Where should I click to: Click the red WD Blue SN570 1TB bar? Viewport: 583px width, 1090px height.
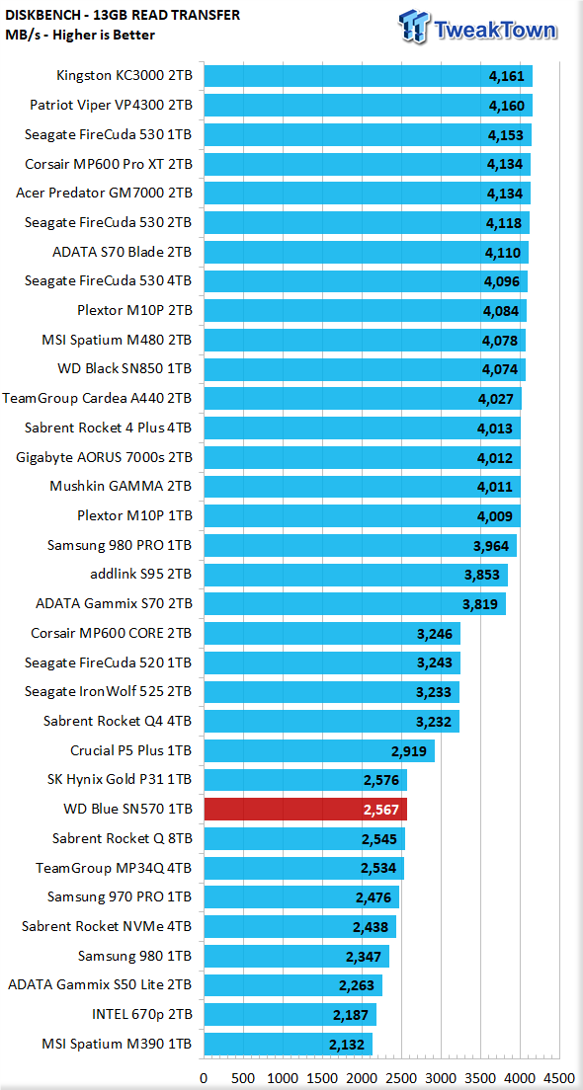click(304, 810)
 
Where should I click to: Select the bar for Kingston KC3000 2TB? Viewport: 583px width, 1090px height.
click(368, 76)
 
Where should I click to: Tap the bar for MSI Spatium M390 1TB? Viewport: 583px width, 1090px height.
click(288, 1045)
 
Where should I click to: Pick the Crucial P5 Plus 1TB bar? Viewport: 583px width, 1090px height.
click(318, 750)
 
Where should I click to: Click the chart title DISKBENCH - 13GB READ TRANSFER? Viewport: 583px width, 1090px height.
click(123, 15)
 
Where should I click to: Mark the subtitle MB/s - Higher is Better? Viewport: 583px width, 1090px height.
click(80, 35)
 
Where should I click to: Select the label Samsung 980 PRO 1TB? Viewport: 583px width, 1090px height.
click(121, 546)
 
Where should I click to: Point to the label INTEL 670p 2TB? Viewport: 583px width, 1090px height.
click(142, 1015)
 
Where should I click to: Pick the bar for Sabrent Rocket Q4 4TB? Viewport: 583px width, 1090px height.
click(331, 722)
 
